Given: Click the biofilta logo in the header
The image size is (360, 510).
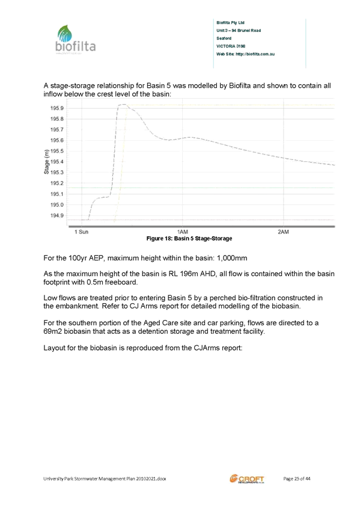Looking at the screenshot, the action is coord(76,39).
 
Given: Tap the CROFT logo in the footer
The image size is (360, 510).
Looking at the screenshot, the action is coord(247,479).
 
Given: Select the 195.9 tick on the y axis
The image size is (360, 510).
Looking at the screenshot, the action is coord(57,108).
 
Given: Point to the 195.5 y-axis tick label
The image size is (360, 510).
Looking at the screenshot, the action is coord(57,151).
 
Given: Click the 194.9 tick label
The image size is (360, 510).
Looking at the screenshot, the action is coord(57,216).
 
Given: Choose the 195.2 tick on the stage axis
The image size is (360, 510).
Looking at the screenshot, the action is coord(57,183).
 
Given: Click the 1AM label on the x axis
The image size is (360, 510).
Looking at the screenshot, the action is coord(183,232).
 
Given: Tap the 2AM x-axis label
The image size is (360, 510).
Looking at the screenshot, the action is coord(283,232).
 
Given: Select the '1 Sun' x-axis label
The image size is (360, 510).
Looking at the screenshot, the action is coord(81,232).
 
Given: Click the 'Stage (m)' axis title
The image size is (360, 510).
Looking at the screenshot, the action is coord(46,162).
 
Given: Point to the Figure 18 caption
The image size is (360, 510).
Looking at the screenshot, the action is coord(189,238).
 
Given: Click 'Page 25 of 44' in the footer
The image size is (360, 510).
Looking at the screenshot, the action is coord(297,479).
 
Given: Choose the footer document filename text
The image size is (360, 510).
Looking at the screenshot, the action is coord(105,479).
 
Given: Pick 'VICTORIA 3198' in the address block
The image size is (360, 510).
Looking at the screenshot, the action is coord(231,46).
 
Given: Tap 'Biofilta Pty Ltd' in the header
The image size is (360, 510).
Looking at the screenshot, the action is coord(230,23).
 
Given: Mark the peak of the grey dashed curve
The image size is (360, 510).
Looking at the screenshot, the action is coord(123,105).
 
